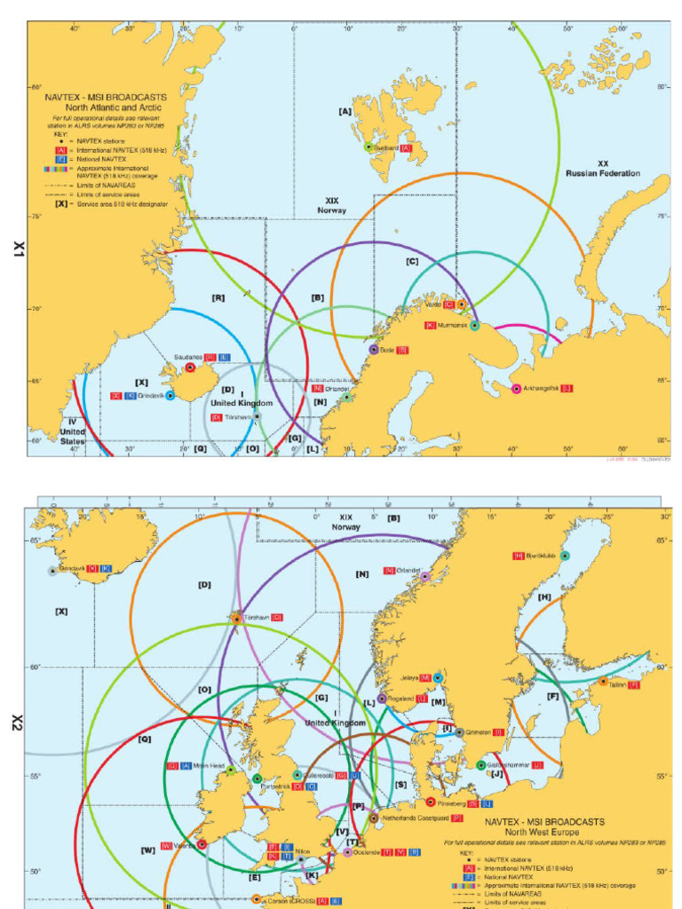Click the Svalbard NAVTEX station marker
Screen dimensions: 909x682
pyautogui.click(x=368, y=146)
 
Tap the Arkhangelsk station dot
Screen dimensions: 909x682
pyautogui.click(x=517, y=389)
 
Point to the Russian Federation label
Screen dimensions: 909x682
pyautogui.click(x=603, y=169)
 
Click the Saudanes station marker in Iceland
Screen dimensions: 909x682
pyautogui.click(x=190, y=368)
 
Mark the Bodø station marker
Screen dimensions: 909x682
pyautogui.click(x=374, y=350)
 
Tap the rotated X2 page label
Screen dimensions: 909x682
pyautogui.click(x=15, y=723)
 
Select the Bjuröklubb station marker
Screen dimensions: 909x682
pyautogui.click(x=565, y=556)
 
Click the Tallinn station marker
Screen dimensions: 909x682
pyautogui.click(x=603, y=682)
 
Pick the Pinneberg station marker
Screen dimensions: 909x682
pyautogui.click(x=431, y=802)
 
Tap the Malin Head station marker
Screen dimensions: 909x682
pyautogui.click(x=231, y=770)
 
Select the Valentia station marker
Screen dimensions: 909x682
pyautogui.click(x=202, y=844)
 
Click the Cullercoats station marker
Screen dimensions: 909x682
pyautogui.click(x=297, y=775)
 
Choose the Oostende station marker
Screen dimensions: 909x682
pyautogui.click(x=348, y=852)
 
